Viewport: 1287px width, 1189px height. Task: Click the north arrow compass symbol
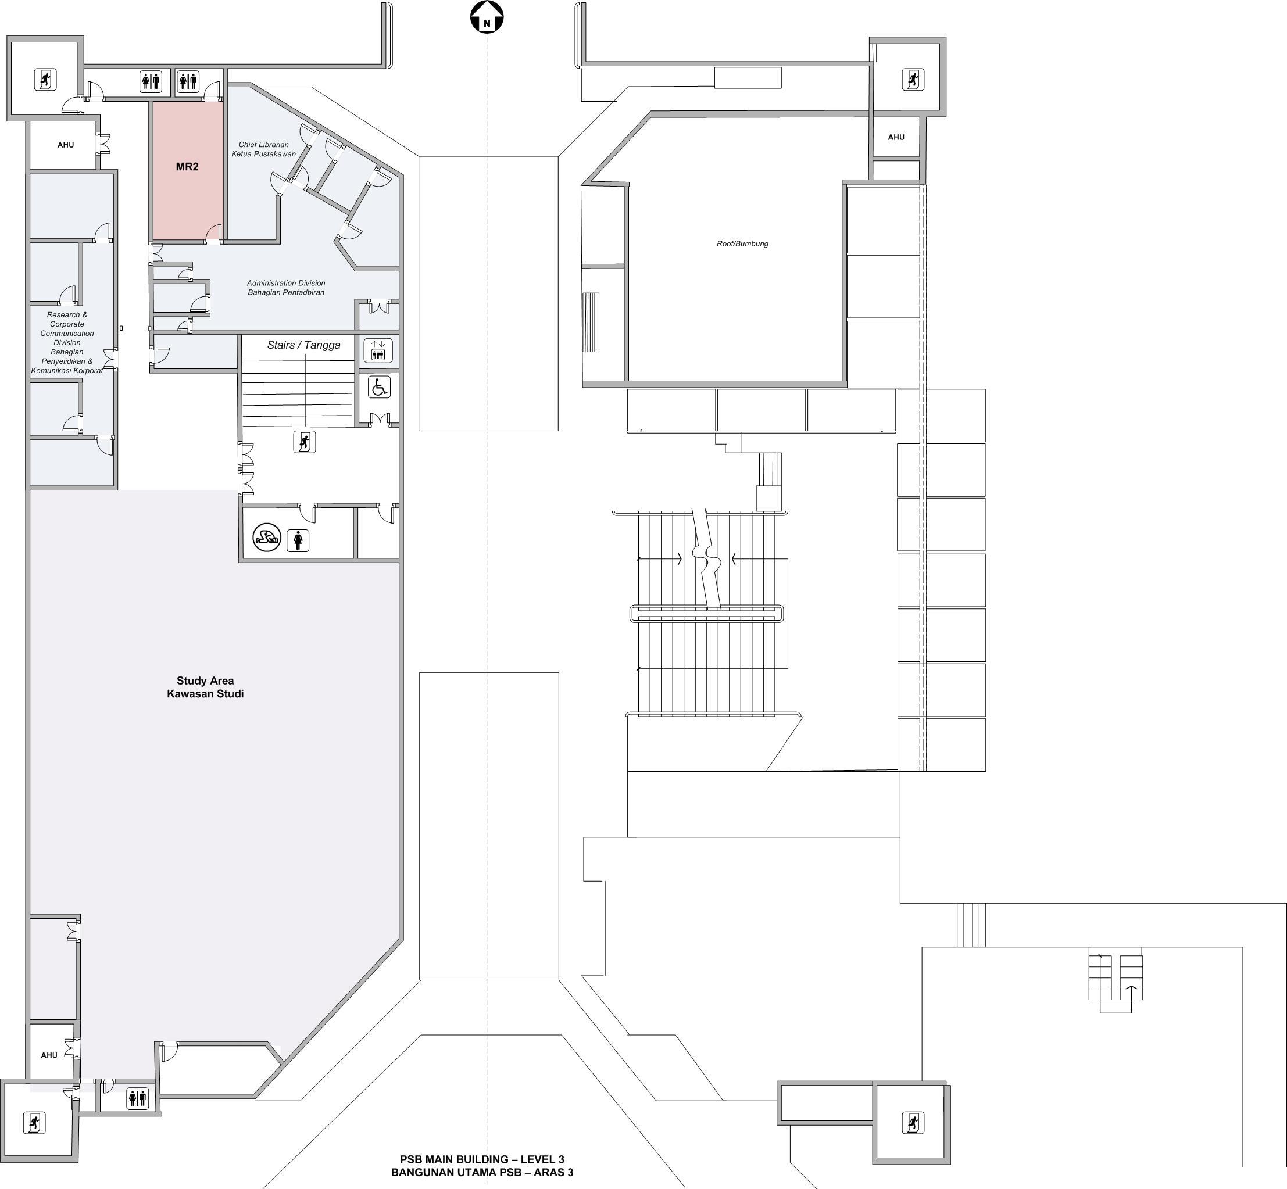(487, 17)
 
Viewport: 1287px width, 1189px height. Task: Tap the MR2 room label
(187, 167)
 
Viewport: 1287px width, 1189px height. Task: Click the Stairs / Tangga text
(304, 345)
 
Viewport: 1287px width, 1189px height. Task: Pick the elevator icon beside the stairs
(378, 350)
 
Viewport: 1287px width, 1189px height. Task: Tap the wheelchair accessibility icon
(379, 387)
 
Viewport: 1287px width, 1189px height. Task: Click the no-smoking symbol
(266, 536)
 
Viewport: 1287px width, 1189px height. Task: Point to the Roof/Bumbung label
(742, 244)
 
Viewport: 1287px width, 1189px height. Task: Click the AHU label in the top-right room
(896, 137)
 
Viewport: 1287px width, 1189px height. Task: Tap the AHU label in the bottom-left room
(49, 1055)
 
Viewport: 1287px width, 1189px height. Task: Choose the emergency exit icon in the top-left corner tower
(45, 80)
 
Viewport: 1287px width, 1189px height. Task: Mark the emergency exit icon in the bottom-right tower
(913, 1123)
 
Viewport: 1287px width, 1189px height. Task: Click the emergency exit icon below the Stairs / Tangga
(305, 442)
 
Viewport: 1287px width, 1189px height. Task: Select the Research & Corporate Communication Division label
(67, 343)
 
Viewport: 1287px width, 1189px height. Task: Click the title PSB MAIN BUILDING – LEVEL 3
(482, 1160)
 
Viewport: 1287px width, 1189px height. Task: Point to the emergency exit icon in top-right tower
(913, 79)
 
